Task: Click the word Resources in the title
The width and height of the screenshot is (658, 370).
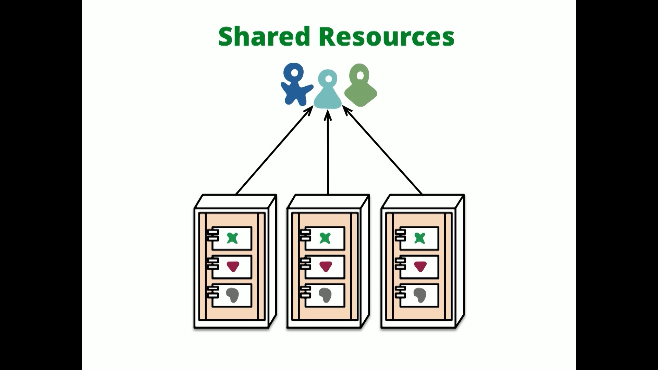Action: point(387,36)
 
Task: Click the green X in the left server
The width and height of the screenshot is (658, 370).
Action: point(233,238)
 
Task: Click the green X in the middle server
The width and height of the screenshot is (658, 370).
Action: point(325,238)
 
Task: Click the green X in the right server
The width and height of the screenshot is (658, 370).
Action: point(419,238)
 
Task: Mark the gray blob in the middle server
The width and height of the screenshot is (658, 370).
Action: point(325,295)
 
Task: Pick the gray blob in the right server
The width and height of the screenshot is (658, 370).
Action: point(420,295)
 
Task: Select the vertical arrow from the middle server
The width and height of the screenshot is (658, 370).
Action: point(328,154)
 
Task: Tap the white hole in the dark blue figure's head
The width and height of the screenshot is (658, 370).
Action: point(294,73)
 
